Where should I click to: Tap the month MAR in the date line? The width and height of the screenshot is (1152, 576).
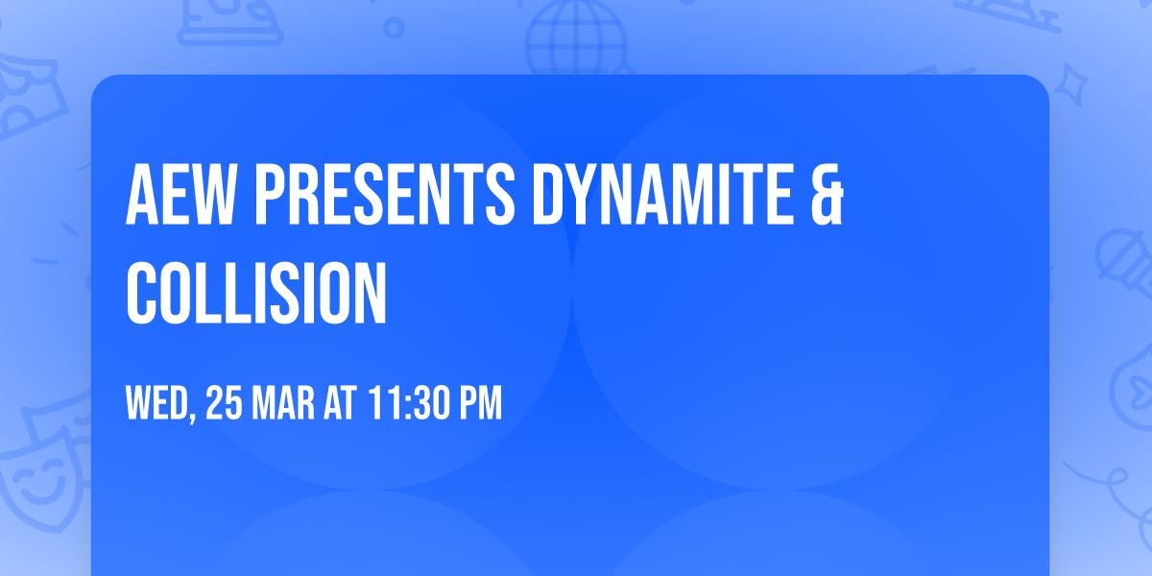(x=287, y=404)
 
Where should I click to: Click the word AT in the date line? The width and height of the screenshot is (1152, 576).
(x=341, y=404)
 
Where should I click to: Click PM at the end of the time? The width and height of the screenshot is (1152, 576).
(x=480, y=404)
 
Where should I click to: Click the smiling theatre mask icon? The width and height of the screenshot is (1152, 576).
(x=38, y=475)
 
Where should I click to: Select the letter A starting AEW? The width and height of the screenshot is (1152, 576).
(x=141, y=194)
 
